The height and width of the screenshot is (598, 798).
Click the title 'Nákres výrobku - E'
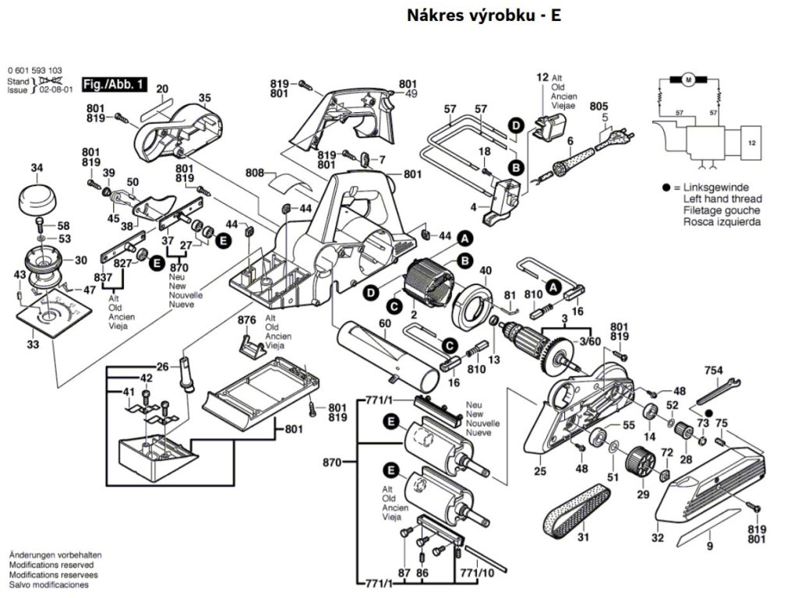(x=483, y=16)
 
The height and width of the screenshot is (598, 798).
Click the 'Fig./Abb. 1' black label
(x=113, y=83)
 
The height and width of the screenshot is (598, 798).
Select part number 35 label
(x=204, y=98)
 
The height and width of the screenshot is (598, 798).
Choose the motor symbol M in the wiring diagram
(x=688, y=79)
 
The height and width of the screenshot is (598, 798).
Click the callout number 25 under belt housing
(x=539, y=471)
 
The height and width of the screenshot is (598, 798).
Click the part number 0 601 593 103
(x=35, y=70)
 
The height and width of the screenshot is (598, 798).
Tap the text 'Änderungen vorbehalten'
(x=55, y=554)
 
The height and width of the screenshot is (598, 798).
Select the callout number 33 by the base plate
(x=32, y=343)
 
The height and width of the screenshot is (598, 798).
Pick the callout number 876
(x=247, y=320)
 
